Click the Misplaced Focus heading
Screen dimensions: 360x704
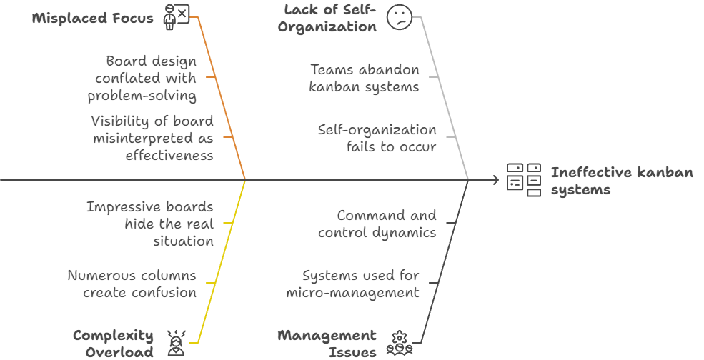click(93, 18)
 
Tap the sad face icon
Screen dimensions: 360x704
click(399, 16)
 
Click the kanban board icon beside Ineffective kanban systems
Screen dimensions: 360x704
click(524, 179)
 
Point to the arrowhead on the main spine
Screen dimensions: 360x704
click(495, 180)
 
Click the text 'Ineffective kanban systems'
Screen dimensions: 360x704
click(621, 181)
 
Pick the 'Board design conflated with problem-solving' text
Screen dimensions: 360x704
click(142, 78)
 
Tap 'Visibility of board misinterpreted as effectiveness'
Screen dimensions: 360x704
click(152, 138)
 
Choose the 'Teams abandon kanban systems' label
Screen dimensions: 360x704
click(364, 78)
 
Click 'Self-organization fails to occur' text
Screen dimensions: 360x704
click(377, 138)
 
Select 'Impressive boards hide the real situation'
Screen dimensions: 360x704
click(150, 224)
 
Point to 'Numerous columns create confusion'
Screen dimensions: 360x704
click(132, 284)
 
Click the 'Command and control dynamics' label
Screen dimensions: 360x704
click(377, 224)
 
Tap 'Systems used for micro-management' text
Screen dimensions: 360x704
click(353, 284)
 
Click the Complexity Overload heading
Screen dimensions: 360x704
click(114, 344)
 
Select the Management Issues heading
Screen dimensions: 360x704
click(327, 344)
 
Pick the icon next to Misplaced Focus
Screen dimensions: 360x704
click(177, 16)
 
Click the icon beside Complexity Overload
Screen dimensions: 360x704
click(175, 343)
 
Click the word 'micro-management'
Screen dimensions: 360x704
click(353, 293)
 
